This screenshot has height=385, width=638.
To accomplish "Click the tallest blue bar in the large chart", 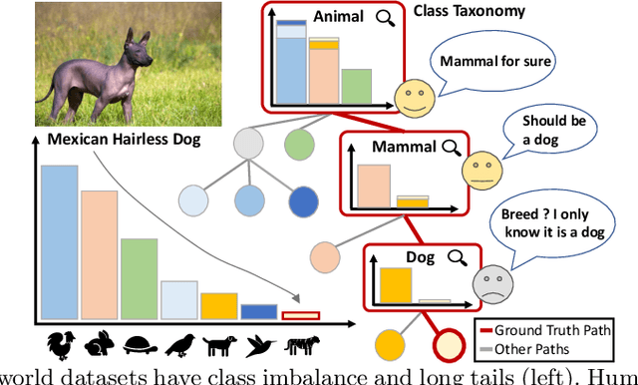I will [x=59, y=242].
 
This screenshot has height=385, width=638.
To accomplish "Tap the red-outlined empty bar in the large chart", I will [x=299, y=316].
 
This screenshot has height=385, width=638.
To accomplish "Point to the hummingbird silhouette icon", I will [x=259, y=344].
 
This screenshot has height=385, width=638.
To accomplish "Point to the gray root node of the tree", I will [x=248, y=145].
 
